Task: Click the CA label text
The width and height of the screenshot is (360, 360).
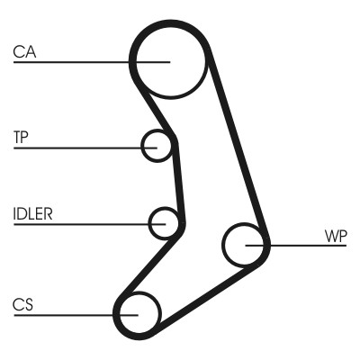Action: pyautogui.click(x=25, y=52)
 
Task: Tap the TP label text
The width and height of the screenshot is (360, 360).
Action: pyautogui.click(x=22, y=138)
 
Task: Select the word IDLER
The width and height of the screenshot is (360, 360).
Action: pyautogui.click(x=33, y=214)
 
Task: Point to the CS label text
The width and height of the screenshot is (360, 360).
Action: pyautogui.click(x=23, y=305)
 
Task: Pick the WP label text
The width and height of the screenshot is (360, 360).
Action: pyautogui.click(x=335, y=236)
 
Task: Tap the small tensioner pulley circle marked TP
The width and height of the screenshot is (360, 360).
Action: pyautogui.click(x=157, y=144)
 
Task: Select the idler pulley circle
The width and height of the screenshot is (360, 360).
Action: pyautogui.click(x=166, y=222)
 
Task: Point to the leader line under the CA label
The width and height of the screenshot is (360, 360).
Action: pyautogui.click(x=72, y=61)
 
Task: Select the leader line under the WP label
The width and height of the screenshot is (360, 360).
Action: pyautogui.click(x=306, y=244)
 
